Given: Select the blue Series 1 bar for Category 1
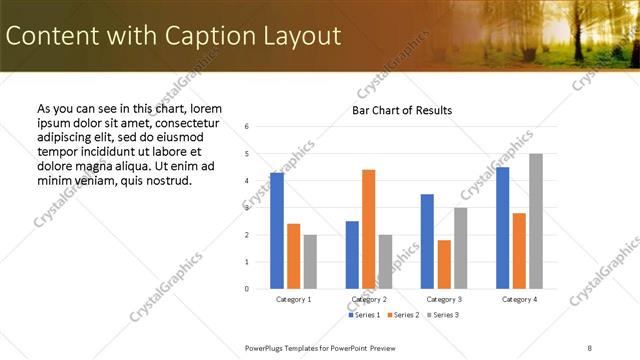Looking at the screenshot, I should pos(277,230).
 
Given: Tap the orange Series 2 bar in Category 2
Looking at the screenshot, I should pos(368,229).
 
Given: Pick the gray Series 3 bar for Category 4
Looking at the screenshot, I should pos(536,221).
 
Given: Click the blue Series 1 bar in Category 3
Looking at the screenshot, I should pos(427,241).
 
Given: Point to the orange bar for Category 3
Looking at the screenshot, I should pos(444,264).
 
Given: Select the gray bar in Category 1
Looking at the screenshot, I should pos(310,261).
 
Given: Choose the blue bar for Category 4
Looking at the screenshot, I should pos(503,228).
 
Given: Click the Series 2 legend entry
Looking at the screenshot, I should pos(402,315).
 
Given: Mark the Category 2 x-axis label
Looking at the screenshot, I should pos(369,299).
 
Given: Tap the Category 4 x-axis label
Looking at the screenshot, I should pos(519,299).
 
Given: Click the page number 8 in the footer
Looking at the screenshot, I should pos(590,347).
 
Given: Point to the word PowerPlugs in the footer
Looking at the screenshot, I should pos(266,347).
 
